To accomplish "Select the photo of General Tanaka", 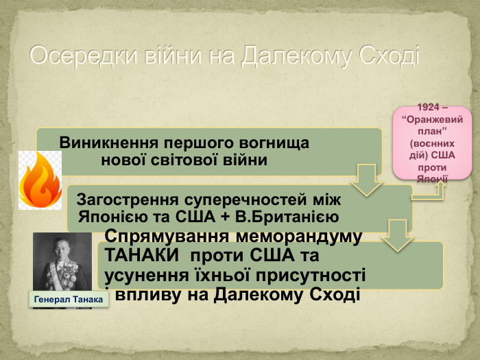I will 62,264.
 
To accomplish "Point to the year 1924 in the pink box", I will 429,108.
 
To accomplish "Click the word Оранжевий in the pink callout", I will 432,119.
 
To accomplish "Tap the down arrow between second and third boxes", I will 396,235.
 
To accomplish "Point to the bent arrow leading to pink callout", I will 429,194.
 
